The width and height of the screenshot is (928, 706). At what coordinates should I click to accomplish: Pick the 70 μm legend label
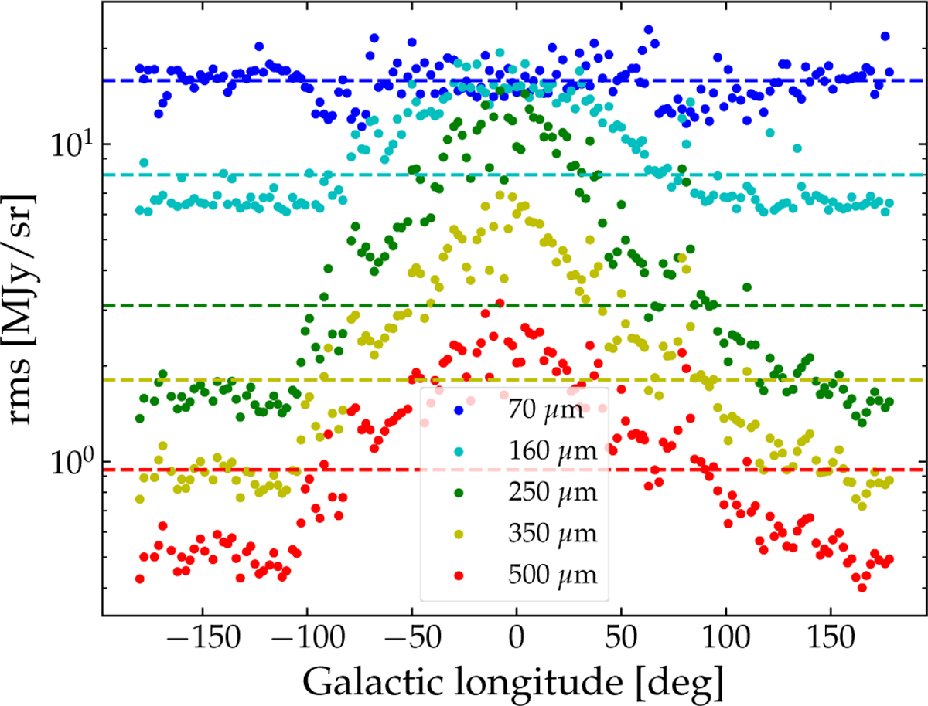544,410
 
